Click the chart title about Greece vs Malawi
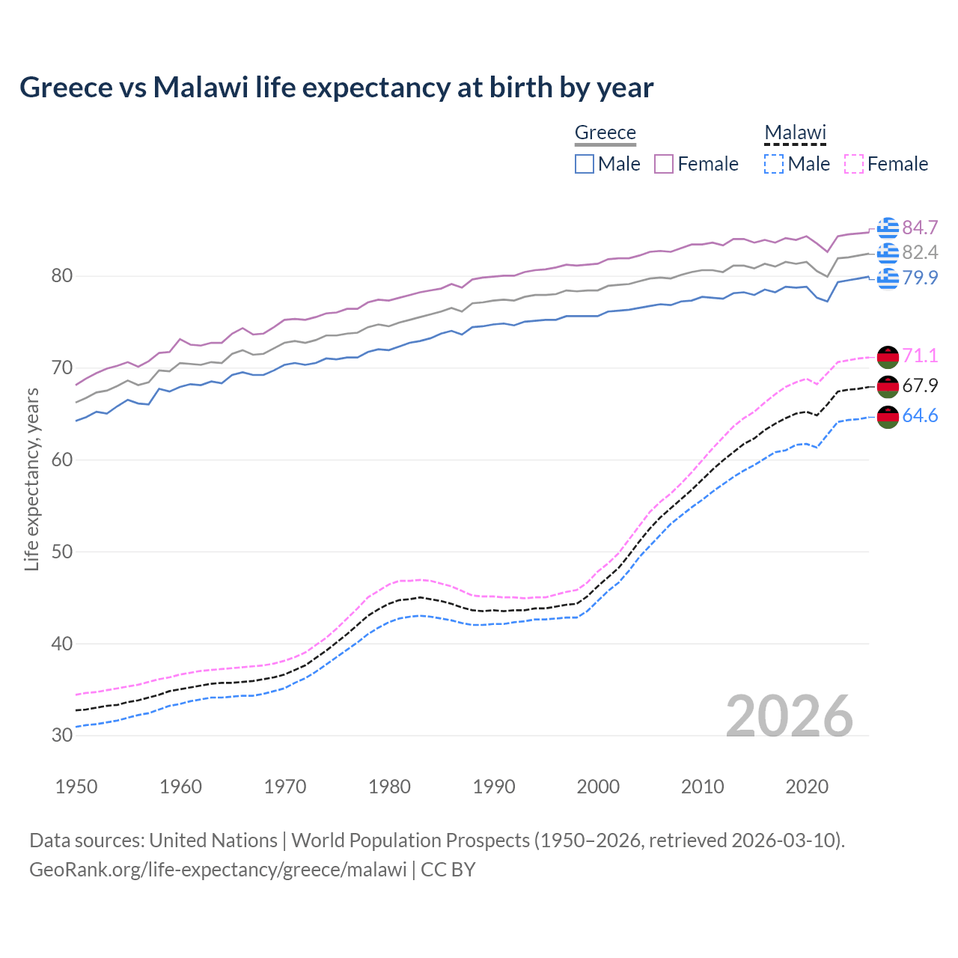pyautogui.click(x=336, y=88)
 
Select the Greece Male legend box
pyautogui.click(x=585, y=164)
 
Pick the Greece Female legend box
pyautogui.click(x=664, y=164)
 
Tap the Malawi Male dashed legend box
pyautogui.click(x=774, y=164)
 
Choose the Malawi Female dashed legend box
pyautogui.click(x=854, y=164)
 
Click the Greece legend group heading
pyautogui.click(x=605, y=132)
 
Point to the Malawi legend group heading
pyautogui.click(x=795, y=132)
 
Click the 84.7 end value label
pyautogui.click(x=920, y=228)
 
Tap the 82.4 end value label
pyautogui.click(x=920, y=252)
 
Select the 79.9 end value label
pyautogui.click(x=920, y=278)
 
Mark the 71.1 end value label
pyautogui.click(x=920, y=356)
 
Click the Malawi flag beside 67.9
pyautogui.click(x=888, y=386)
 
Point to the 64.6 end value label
pyautogui.click(x=920, y=415)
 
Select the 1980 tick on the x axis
pyautogui.click(x=389, y=787)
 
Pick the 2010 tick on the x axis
pyautogui.click(x=702, y=787)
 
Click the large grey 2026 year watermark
pyautogui.click(x=789, y=716)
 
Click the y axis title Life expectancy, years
pyautogui.click(x=31, y=479)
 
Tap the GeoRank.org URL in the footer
pyautogui.click(x=218, y=870)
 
